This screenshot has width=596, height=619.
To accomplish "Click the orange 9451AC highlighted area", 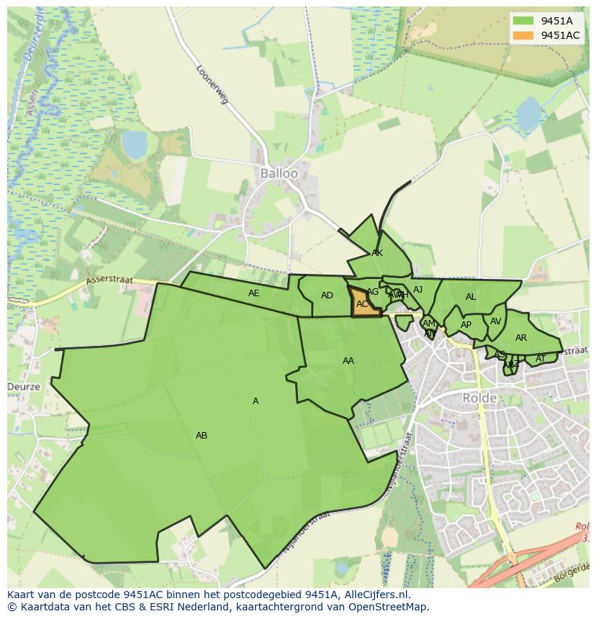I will pyautogui.click(x=364, y=303).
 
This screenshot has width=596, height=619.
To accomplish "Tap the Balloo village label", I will pyautogui.click(x=279, y=174).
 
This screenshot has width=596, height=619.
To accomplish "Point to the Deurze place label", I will pyautogui.click(x=24, y=387).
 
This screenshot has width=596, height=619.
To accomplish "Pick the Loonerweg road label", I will pyautogui.click(x=212, y=85).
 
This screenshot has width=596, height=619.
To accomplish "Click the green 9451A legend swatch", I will pyautogui.click(x=523, y=21).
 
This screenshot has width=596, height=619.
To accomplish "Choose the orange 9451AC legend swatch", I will pyautogui.click(x=523, y=35).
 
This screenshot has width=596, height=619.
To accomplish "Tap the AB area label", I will pyautogui.click(x=202, y=436).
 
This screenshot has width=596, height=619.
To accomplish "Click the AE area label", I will pyautogui.click(x=253, y=293).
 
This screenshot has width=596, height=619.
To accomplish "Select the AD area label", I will pyautogui.click(x=327, y=295).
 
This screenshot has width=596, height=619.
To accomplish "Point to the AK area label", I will pyautogui.click(x=377, y=253).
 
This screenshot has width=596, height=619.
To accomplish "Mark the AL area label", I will pyautogui.click(x=471, y=297).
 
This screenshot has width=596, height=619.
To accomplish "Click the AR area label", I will pyautogui.click(x=521, y=338).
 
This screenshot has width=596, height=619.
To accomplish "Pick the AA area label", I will pyautogui.click(x=348, y=361).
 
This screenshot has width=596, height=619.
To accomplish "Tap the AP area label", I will pyautogui.click(x=466, y=325).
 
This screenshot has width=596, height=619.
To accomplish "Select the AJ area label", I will pyautogui.click(x=417, y=290).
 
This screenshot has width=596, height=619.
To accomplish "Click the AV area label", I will pyautogui.click(x=495, y=321).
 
